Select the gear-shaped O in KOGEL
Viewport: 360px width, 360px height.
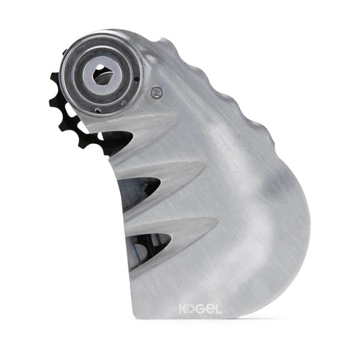(x=193, y=308)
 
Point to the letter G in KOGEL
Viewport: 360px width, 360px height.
(x=202, y=308)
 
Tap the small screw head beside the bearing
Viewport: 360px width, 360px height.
(x=156, y=93)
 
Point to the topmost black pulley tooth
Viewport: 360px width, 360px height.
(x=55, y=76)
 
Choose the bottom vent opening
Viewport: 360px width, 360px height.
(x=150, y=241)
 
